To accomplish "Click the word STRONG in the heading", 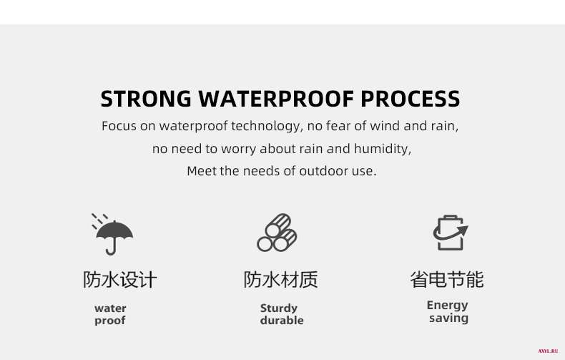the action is click(x=146, y=99).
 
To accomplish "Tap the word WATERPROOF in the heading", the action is click(x=276, y=99).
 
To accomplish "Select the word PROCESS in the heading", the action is click(x=411, y=99).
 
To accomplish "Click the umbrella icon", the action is click(x=112, y=234).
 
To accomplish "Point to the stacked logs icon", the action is click(x=277, y=233).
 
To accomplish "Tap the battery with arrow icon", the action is click(x=451, y=233).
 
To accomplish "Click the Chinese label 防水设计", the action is click(x=120, y=280).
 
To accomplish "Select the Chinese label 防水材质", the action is click(x=280, y=280).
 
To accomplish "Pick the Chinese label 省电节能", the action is click(x=447, y=280).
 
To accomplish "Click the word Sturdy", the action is click(x=279, y=308).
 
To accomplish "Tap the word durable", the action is click(x=282, y=320).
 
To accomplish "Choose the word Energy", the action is click(x=447, y=306).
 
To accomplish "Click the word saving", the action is click(x=448, y=318).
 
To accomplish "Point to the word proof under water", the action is click(x=110, y=321).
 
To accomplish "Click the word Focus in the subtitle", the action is click(x=119, y=126).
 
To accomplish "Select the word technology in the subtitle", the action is click(x=265, y=126).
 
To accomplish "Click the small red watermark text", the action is click(x=548, y=351).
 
